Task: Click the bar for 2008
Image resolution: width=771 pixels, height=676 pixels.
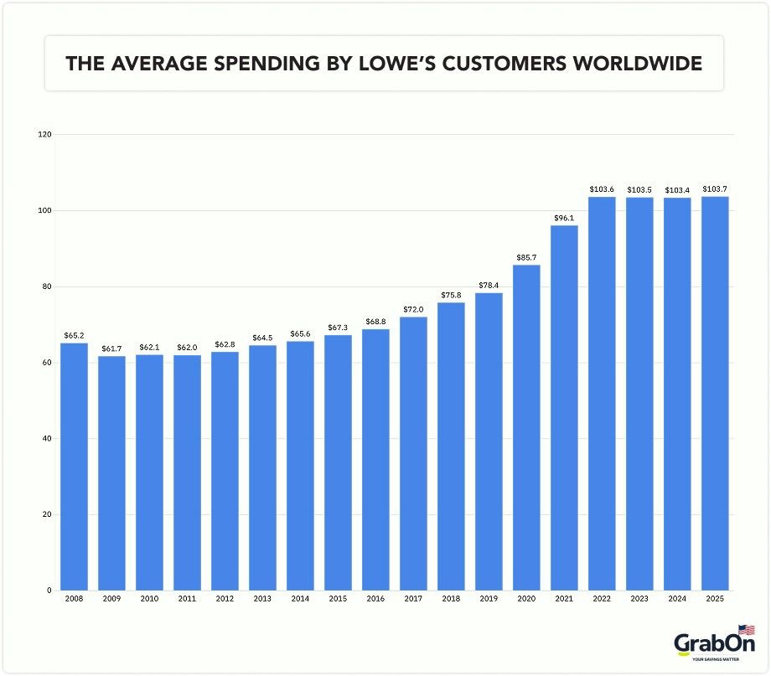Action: [75, 467]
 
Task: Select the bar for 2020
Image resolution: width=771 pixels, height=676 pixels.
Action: [527, 427]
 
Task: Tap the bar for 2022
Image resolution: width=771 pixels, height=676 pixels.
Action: [603, 393]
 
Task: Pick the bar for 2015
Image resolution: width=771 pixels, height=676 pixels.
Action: [339, 462]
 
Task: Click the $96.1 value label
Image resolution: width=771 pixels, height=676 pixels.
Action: [565, 218]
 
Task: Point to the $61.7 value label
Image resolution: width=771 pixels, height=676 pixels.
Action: [112, 348]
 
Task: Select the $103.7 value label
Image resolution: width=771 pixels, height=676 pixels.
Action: [715, 188]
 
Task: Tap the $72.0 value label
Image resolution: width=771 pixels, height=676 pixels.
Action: [414, 309]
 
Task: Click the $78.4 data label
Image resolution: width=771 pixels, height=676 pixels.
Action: [489, 285]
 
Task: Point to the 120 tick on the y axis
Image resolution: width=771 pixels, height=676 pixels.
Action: [45, 134]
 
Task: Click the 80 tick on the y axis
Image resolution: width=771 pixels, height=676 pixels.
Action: [47, 286]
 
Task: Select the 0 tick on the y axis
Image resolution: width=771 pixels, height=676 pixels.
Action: [49, 591]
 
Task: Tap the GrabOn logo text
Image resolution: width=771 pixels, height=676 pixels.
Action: [714, 643]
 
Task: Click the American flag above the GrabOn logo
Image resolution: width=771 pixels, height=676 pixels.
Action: [746, 630]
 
